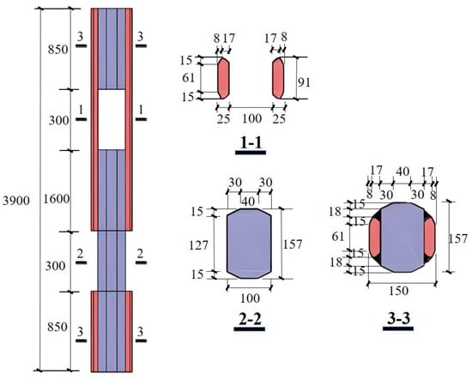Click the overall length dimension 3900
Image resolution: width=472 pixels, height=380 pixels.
click(16, 201)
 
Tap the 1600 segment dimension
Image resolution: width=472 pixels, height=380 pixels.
click(57, 199)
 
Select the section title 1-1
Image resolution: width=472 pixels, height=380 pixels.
click(251, 142)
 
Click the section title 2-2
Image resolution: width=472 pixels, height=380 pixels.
click(250, 319)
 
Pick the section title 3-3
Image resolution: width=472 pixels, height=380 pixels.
click(398, 319)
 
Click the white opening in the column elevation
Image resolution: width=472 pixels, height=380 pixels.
click(112, 119)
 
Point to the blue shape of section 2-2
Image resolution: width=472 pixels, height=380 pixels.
click(249, 244)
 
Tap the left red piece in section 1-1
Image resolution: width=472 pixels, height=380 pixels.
click(223, 78)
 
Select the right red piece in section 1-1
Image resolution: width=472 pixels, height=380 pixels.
click(278, 78)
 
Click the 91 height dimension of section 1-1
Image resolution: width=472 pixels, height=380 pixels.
click(304, 82)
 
